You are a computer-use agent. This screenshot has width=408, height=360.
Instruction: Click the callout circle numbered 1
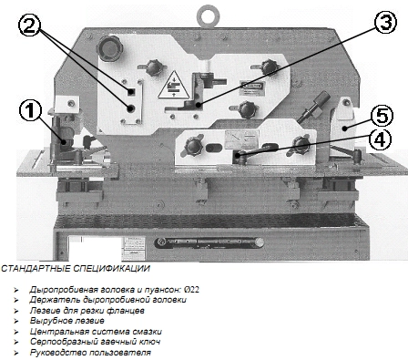[30, 110]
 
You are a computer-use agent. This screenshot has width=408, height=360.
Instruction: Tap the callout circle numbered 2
[29, 26]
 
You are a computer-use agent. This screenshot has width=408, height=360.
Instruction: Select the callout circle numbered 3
[385, 22]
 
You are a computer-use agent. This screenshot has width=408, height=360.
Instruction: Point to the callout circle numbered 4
[381, 140]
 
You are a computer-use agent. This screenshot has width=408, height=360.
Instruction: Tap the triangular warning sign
[173, 85]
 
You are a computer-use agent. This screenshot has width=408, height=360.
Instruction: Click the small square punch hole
[131, 92]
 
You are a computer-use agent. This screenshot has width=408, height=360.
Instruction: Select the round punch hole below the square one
[131, 108]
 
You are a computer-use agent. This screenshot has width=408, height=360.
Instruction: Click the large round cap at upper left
[109, 48]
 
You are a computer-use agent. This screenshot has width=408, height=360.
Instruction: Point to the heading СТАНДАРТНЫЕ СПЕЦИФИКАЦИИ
[76, 269]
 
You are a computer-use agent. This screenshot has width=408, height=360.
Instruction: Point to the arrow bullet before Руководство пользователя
[16, 353]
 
